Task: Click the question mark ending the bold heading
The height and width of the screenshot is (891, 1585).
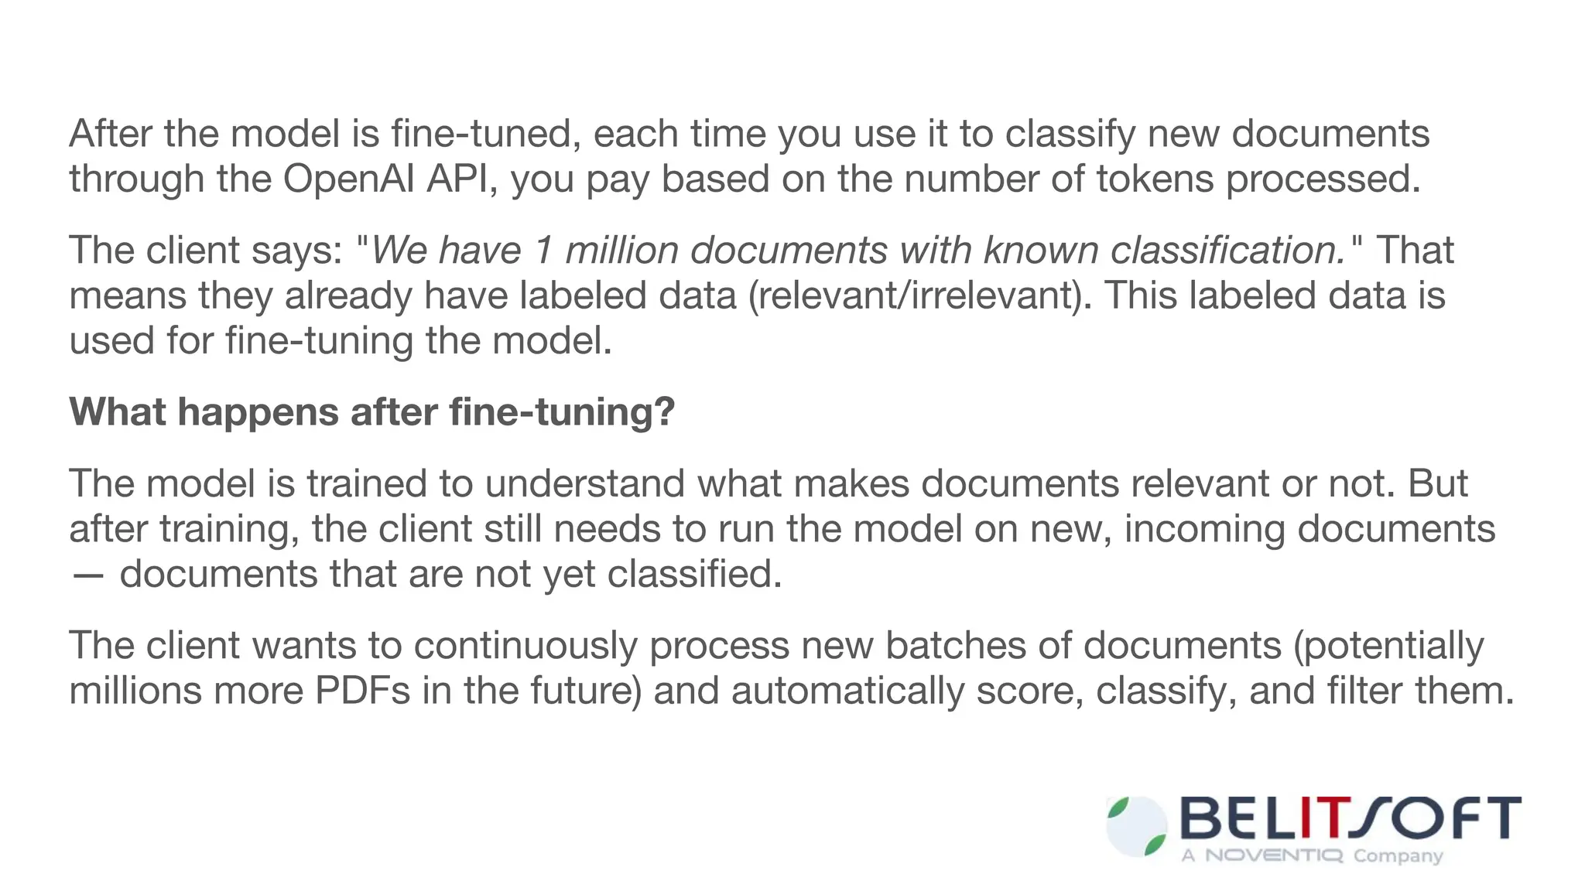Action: tap(666, 411)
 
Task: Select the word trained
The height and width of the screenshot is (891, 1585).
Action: tap(367, 483)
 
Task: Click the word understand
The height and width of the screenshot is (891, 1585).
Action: tap(584, 483)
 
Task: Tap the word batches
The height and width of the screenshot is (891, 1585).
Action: tap(955, 646)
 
